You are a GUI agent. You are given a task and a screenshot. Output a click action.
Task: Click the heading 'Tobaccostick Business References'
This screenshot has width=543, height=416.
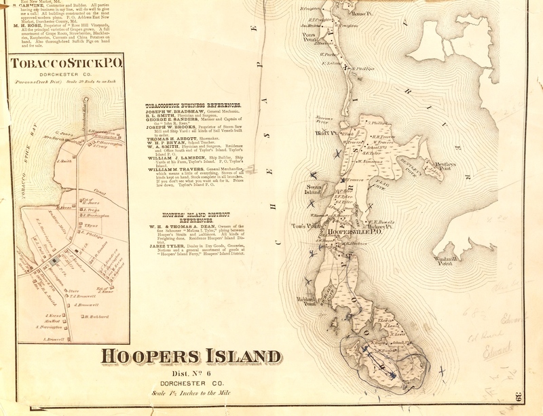click(193, 106)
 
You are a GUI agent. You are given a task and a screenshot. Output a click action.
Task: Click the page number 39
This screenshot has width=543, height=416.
click(519, 398)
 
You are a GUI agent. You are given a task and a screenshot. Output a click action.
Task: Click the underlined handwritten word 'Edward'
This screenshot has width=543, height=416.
click(496, 352)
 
